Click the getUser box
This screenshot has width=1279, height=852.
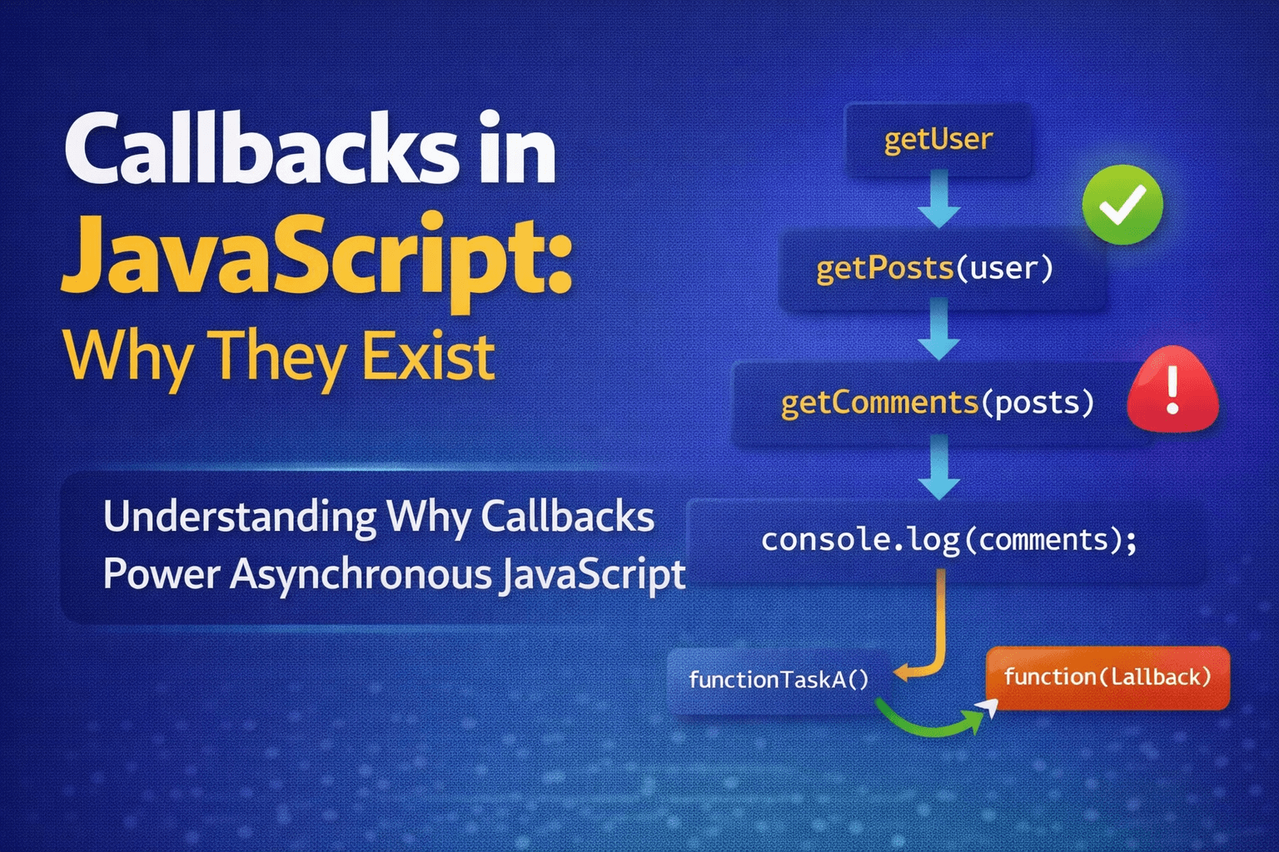tap(938, 139)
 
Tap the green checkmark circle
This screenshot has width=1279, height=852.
tap(1122, 205)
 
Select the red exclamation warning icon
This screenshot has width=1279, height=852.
tap(1172, 389)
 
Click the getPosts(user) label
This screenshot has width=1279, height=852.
tap(935, 268)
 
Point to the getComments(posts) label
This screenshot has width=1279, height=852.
tap(938, 403)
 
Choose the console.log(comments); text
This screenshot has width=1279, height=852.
tap(949, 540)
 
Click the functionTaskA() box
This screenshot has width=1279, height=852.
tap(779, 681)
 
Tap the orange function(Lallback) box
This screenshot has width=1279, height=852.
tap(1107, 678)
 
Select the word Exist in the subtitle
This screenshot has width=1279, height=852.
tap(428, 357)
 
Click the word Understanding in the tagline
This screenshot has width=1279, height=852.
tap(240, 517)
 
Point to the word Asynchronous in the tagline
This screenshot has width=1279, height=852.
tap(361, 574)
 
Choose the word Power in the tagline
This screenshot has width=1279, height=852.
tap(162, 573)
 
